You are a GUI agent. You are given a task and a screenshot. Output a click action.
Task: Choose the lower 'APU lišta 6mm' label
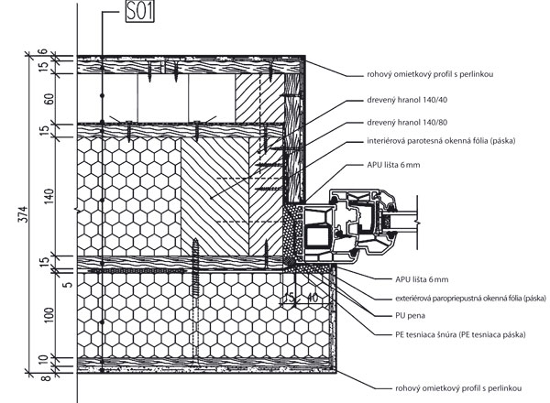(409, 278)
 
